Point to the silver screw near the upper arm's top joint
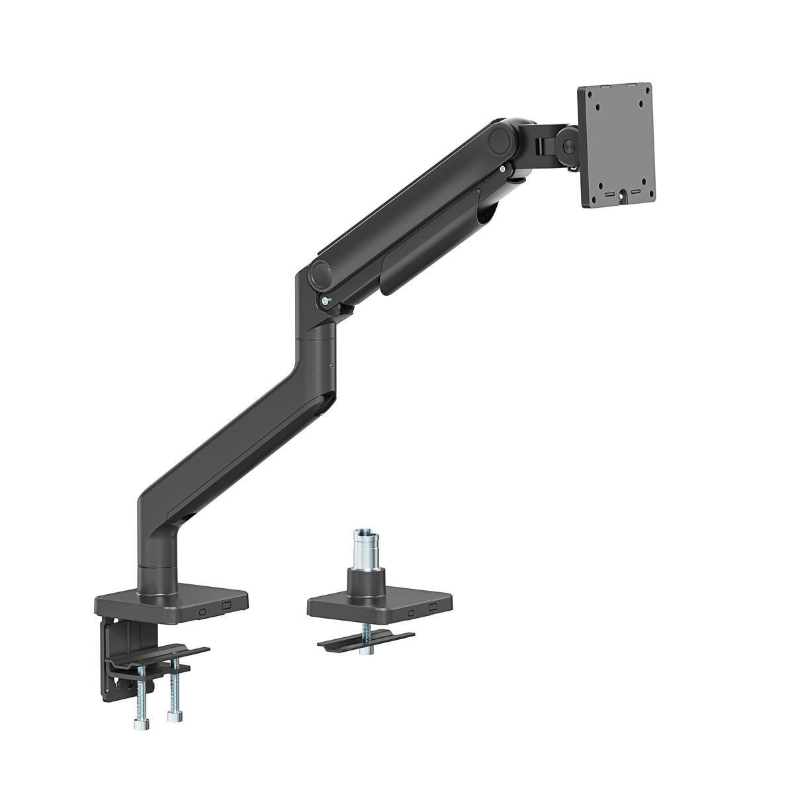(x=506, y=170)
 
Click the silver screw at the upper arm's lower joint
(x=324, y=300)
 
